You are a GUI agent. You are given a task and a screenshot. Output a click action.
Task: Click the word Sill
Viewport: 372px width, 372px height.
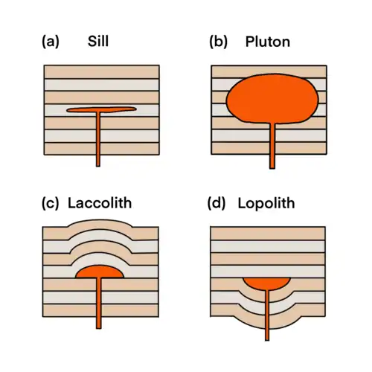point(98,41)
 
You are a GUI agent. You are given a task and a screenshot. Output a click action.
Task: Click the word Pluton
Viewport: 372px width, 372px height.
point(268,42)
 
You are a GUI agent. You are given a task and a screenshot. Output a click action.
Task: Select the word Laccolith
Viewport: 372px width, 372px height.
point(100,203)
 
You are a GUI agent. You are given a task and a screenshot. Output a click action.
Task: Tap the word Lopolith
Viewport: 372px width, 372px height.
point(266,204)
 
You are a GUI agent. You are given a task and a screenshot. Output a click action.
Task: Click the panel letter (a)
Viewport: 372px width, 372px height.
point(51,42)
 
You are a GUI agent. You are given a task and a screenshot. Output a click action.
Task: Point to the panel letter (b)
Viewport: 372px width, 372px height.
point(218,42)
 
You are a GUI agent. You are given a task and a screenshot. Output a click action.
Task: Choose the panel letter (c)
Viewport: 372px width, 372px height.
point(51,203)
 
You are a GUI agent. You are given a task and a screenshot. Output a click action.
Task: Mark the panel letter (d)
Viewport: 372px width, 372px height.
point(217,204)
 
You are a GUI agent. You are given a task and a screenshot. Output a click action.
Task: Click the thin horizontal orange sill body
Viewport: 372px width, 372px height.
point(101,109)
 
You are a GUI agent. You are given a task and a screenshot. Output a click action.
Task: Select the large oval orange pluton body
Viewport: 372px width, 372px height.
point(272,98)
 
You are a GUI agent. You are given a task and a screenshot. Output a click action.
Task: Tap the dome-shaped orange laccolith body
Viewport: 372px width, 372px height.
point(100,272)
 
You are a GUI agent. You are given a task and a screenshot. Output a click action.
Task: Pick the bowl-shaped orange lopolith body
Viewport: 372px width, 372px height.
point(266,283)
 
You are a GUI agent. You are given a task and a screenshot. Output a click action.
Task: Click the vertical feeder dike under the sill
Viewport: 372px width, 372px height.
point(98,139)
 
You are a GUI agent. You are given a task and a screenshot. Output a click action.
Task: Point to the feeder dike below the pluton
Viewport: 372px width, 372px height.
point(272,146)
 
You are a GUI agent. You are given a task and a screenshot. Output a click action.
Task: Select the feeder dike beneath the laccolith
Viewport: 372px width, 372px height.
point(99,303)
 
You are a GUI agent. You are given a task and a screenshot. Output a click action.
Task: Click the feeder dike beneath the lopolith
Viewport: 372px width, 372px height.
point(267,315)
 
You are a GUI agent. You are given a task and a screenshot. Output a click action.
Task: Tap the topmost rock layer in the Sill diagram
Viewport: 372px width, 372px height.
point(102,72)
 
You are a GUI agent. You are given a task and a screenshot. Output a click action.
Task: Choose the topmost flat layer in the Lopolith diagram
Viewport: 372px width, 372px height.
point(268,234)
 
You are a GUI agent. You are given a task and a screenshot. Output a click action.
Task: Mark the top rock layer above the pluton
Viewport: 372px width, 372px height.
point(269,71)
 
